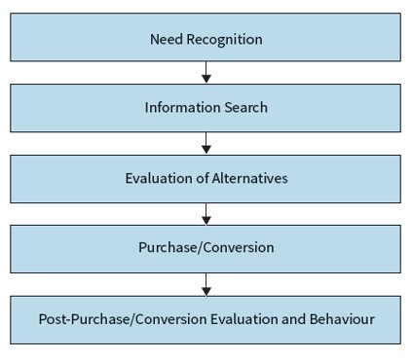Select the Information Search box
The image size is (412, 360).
206,107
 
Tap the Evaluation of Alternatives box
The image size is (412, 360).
206,178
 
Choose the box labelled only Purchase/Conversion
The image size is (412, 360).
206,248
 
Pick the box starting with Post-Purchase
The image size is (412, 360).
206,318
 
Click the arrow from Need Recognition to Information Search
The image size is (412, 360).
206,73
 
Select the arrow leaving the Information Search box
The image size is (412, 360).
206,143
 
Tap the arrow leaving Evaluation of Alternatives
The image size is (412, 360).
206,213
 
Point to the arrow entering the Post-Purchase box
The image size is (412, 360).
206,283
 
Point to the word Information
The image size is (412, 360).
178,108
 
